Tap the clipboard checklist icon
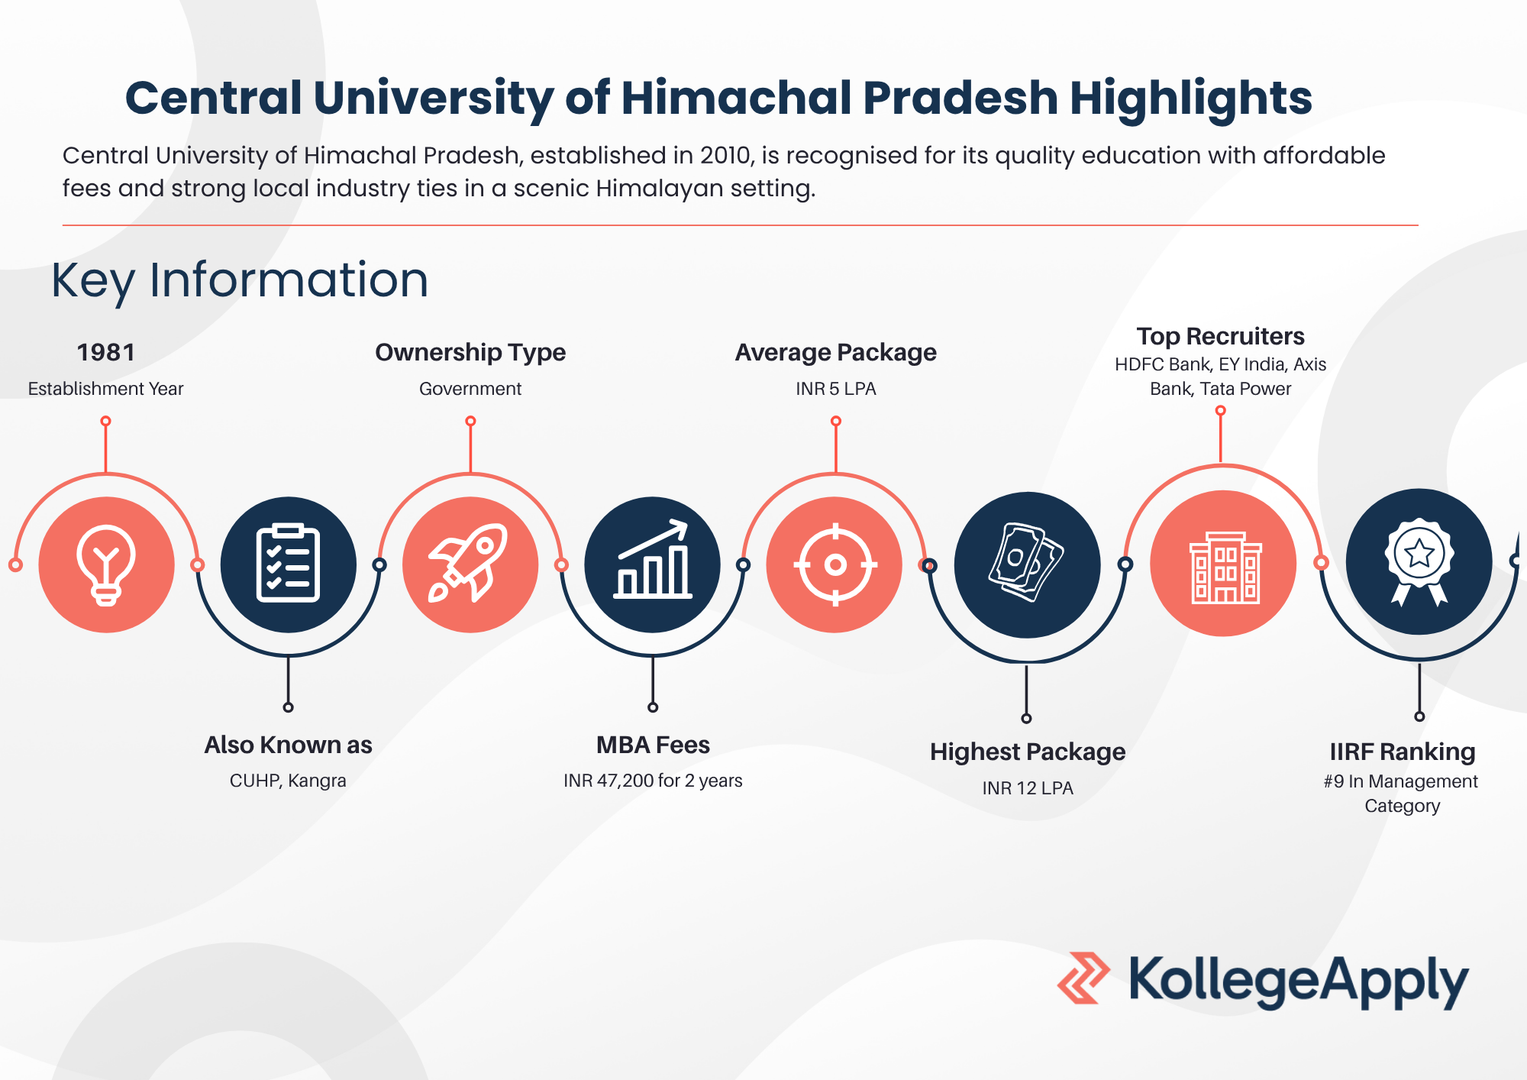click(288, 564)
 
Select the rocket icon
click(469, 564)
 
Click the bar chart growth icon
click(653, 560)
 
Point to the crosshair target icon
click(835, 565)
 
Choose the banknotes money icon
click(1027, 562)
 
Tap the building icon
click(1225, 567)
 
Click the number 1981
click(106, 352)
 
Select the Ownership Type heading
click(470, 352)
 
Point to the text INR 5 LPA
click(836, 389)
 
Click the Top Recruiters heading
click(1220, 336)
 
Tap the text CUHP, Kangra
click(288, 781)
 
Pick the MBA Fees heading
click(653, 745)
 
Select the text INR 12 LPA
click(1028, 788)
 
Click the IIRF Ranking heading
click(1403, 752)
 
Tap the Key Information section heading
click(240, 280)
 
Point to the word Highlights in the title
click(1191, 99)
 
